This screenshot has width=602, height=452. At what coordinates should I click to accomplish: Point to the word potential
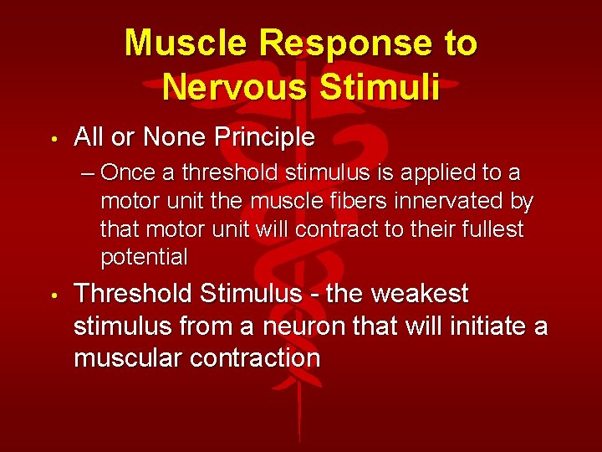pos(144,258)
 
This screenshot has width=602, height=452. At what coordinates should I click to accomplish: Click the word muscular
pos(129,358)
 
